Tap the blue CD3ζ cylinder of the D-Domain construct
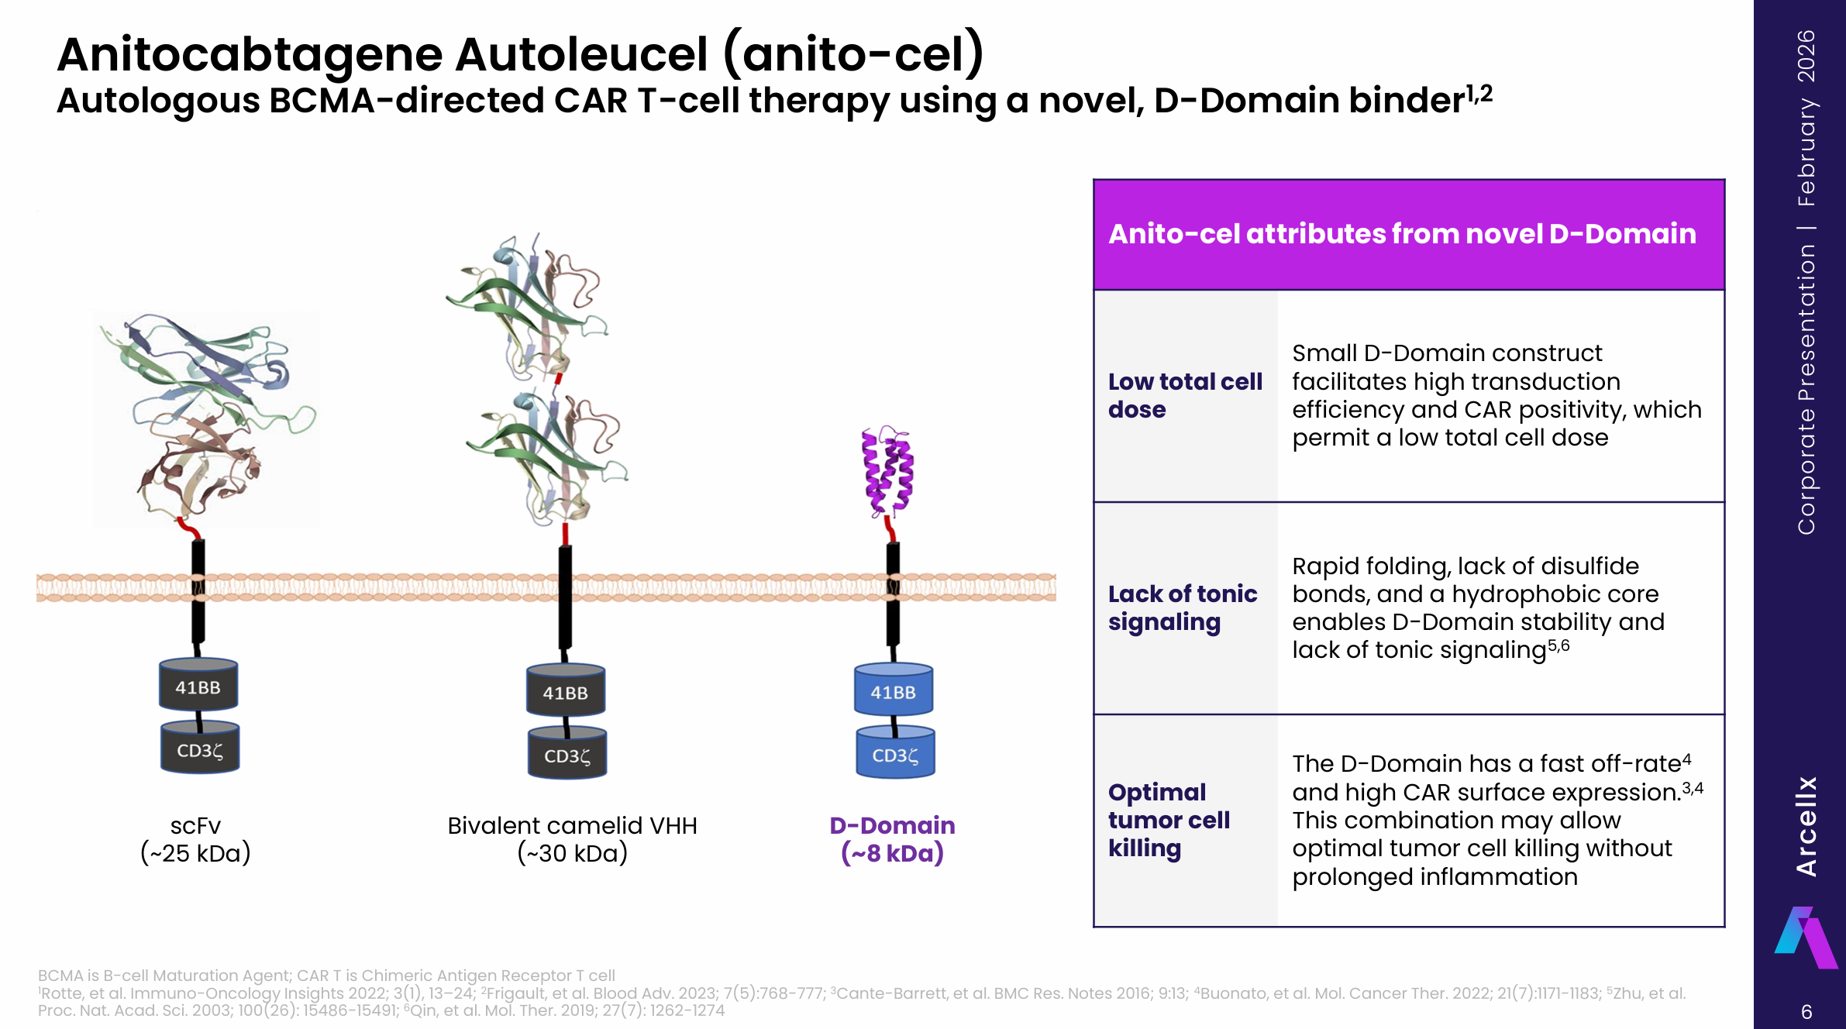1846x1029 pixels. pos(895,754)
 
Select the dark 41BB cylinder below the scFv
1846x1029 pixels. pos(198,686)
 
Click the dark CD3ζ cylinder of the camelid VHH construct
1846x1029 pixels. pos(567,755)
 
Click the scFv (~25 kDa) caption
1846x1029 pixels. pos(195,839)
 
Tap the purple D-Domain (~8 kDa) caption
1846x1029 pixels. pos(892,839)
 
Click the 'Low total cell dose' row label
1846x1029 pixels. pos(1184,395)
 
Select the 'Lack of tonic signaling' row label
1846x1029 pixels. pos(1182,607)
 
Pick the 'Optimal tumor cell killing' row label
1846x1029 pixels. pos(1168,820)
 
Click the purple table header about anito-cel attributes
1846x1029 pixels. pos(1408,234)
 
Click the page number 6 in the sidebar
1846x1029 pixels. pos(1806,1012)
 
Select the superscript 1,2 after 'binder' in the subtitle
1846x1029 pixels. pos(1479,93)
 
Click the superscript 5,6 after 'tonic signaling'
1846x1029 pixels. pos(1558,645)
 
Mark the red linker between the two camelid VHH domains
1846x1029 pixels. pos(558,379)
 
